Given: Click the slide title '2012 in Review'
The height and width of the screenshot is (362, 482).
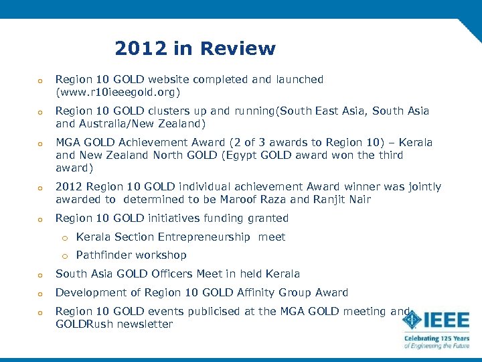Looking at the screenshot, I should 195,49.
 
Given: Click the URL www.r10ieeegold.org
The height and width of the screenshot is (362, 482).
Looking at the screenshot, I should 118,91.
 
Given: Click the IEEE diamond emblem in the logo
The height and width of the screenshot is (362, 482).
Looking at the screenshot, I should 412,320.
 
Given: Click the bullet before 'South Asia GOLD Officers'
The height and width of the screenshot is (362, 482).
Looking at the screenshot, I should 41,274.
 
